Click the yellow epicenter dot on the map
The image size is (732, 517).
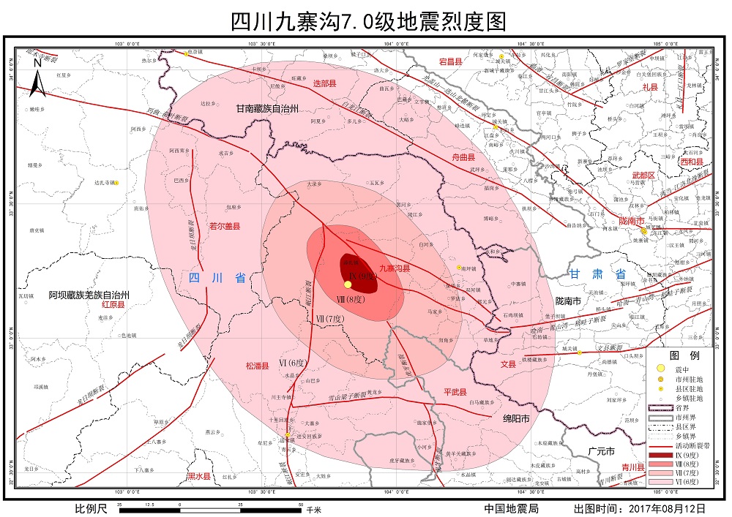[x=348, y=284]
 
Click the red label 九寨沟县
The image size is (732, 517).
[x=395, y=268]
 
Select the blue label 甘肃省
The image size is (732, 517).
[x=598, y=274]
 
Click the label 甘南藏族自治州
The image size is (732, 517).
[x=269, y=108]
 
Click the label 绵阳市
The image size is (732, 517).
[x=516, y=418]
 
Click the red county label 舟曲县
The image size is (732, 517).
[x=462, y=157]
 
